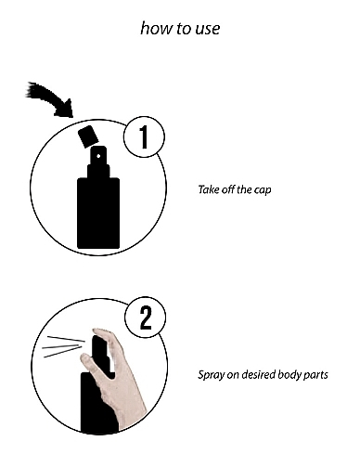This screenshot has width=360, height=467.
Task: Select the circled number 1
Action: coord(144,136)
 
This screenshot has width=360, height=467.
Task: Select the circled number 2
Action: coord(146,318)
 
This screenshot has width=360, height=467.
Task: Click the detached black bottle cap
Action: coord(88,136)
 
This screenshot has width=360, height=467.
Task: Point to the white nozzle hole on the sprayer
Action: coord(98,156)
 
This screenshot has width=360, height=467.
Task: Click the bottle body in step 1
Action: coord(98,213)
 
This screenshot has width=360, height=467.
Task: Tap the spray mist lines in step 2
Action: coord(63,346)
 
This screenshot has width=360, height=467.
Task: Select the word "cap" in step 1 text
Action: coord(263,190)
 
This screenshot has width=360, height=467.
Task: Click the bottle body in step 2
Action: coord(97,402)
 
